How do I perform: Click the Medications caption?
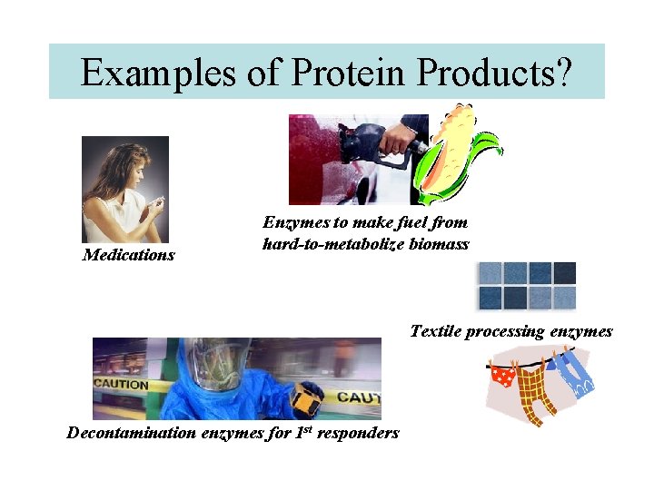point(128,255)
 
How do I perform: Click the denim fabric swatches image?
point(527,285)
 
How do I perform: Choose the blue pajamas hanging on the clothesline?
point(572,374)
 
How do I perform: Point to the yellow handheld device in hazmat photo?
point(307,397)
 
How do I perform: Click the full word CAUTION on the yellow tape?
point(121,385)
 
